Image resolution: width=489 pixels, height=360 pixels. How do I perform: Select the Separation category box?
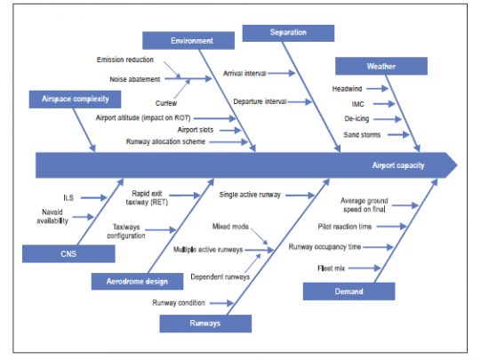tap(287, 33)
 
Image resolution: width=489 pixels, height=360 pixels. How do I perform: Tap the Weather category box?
tap(381, 66)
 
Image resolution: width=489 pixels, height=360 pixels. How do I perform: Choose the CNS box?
tap(68, 254)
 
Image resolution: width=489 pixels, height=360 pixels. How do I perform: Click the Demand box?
tap(349, 292)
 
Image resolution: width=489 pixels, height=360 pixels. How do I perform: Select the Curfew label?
tap(166, 103)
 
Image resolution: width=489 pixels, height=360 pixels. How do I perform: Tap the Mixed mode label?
tap(230, 228)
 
